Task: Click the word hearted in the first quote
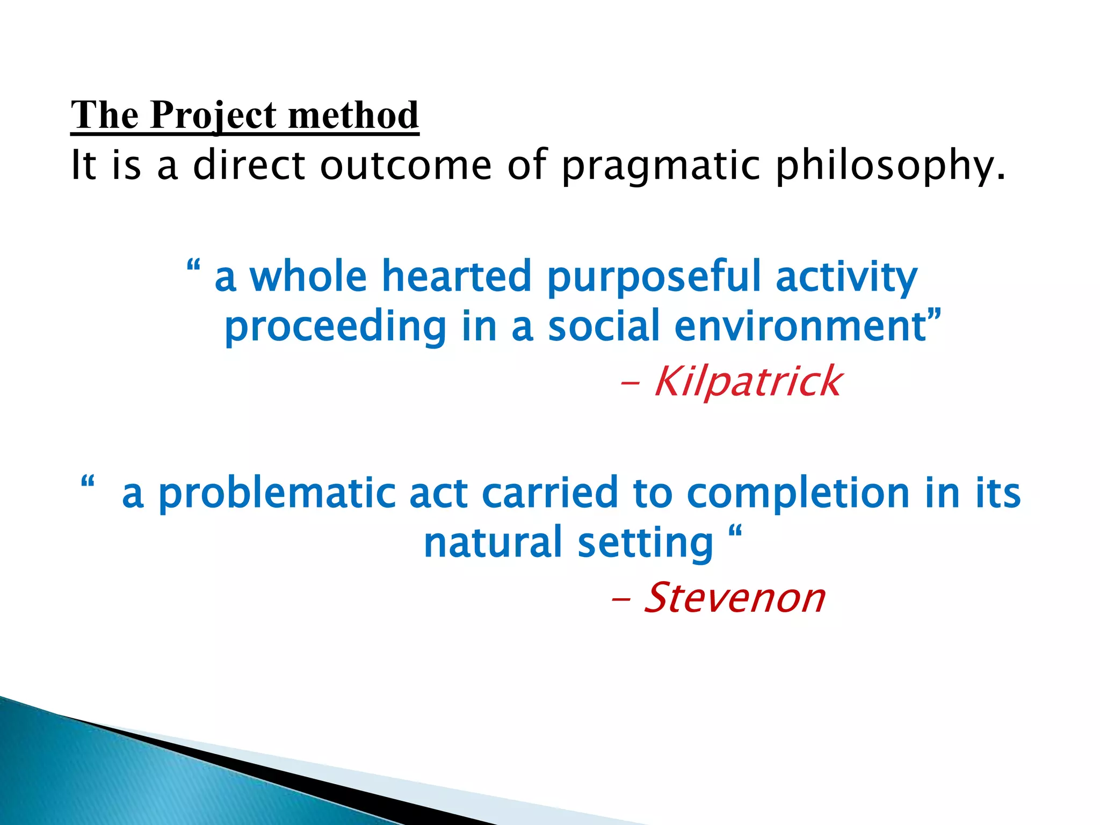(456, 276)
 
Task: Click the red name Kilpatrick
(748, 381)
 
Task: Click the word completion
(798, 493)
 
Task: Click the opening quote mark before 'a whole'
(193, 266)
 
